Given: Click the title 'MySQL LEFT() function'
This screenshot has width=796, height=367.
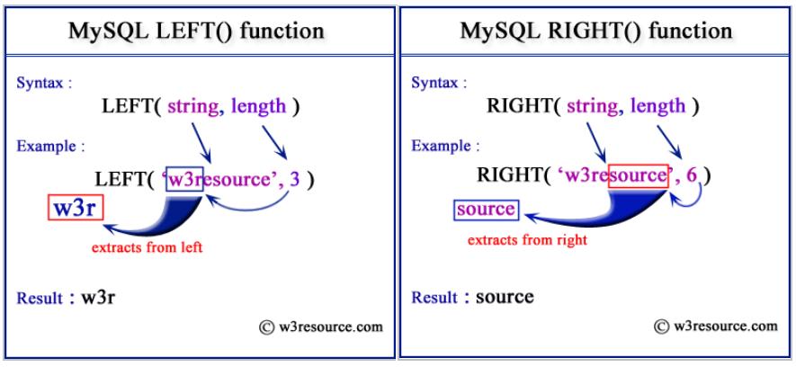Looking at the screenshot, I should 196,31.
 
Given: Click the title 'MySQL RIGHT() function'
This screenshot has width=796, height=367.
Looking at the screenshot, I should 595,31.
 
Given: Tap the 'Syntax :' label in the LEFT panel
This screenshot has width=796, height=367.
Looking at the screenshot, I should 44,83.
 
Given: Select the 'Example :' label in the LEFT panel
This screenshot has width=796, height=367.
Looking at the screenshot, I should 51,146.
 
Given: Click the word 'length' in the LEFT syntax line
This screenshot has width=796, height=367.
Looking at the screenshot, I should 258,106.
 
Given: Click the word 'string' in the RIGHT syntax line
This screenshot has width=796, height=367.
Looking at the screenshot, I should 591,106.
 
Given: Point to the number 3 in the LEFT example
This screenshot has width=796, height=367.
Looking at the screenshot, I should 295,179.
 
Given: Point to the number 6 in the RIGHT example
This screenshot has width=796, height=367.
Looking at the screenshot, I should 691,175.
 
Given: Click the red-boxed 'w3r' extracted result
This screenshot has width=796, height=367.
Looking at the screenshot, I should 75,210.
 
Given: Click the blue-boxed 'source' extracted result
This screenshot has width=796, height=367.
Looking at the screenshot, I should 486,210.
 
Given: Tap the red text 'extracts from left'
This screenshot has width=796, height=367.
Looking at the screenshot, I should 147,247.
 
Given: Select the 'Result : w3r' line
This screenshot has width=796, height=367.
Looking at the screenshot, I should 66,297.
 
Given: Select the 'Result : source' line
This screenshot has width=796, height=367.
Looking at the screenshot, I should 472,297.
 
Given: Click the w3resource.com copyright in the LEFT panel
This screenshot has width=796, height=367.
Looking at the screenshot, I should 321,327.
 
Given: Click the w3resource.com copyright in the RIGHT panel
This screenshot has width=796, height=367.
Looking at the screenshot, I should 715,326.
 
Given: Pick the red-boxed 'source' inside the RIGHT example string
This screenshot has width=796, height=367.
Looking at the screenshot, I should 638,175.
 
